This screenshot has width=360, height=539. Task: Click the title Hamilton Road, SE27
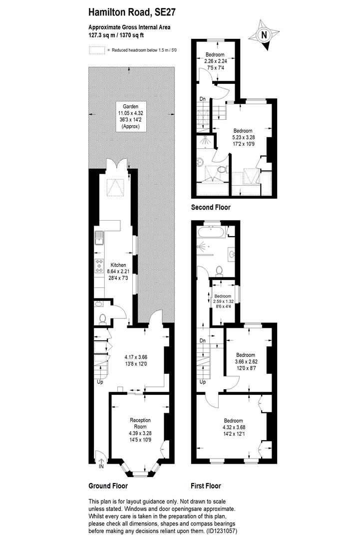[132, 11]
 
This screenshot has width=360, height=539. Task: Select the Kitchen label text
[118, 265]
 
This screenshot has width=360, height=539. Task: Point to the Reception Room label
[140, 423]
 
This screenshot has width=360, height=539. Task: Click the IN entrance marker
[101, 467]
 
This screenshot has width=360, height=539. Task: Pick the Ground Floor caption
[108, 486]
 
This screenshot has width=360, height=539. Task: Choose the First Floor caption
[206, 486]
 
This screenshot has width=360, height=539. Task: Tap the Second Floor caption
[211, 207]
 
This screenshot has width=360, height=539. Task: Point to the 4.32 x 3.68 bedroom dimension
[233, 427]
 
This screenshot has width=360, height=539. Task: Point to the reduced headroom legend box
[97, 50]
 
